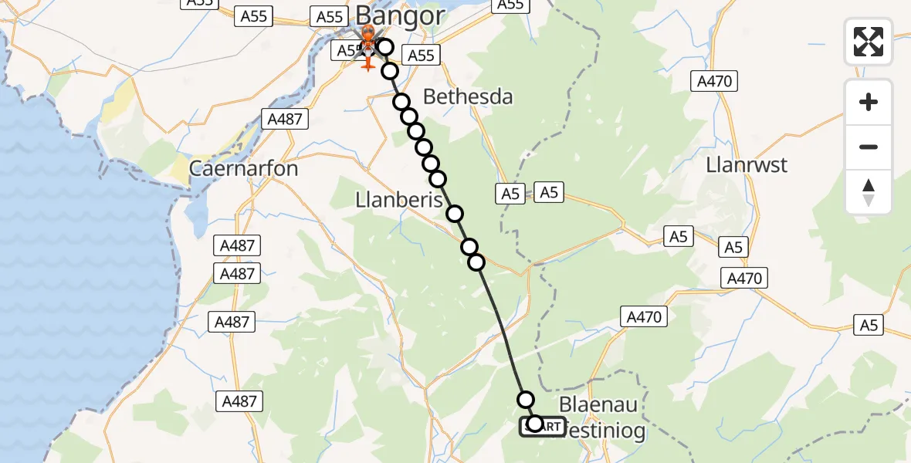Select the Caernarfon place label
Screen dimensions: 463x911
(244, 168)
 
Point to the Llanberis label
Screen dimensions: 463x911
(398, 200)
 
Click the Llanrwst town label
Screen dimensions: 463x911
(747, 165)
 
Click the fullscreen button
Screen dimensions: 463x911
(869, 42)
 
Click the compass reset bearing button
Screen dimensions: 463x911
(869, 191)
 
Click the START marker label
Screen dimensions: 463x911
(543, 427)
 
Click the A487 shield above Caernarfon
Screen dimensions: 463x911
(285, 119)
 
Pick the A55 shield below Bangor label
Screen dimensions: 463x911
(421, 55)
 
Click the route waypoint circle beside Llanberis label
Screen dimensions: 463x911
(455, 214)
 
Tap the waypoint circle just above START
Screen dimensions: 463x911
(526, 399)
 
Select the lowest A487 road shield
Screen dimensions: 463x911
(239, 400)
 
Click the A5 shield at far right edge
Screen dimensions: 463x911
(869, 326)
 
